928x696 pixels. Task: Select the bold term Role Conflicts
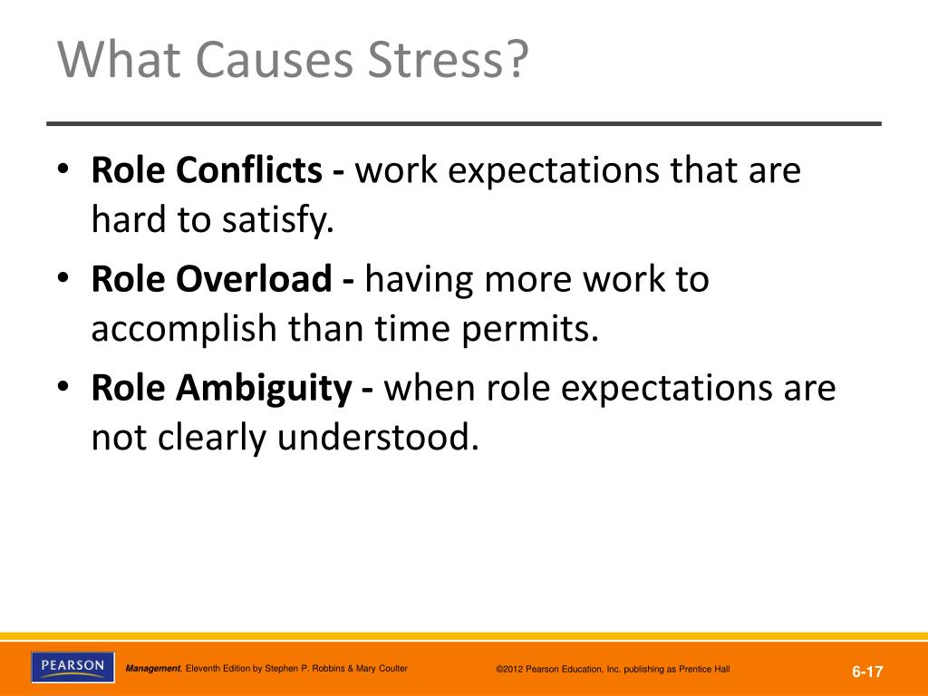(x=207, y=169)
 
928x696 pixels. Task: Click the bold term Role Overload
(x=211, y=279)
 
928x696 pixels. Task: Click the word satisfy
(x=278, y=220)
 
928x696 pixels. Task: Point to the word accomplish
(x=184, y=330)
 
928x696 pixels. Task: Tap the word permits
(x=530, y=330)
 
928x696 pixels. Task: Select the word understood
(x=378, y=438)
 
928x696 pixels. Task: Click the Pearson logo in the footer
(x=72, y=667)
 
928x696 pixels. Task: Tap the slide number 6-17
(x=867, y=672)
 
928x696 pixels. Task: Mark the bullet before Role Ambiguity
(x=63, y=387)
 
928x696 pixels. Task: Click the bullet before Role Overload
(x=63, y=278)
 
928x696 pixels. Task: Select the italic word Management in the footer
(x=153, y=669)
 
